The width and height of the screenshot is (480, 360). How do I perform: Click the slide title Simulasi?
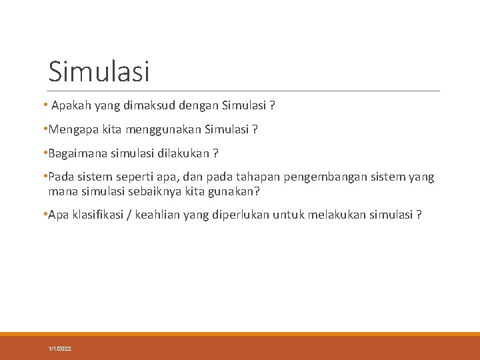point(99,71)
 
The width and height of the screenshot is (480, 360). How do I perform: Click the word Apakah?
point(71,105)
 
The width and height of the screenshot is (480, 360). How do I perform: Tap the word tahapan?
point(255,177)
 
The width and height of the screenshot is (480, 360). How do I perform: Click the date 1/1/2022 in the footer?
point(60,349)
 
